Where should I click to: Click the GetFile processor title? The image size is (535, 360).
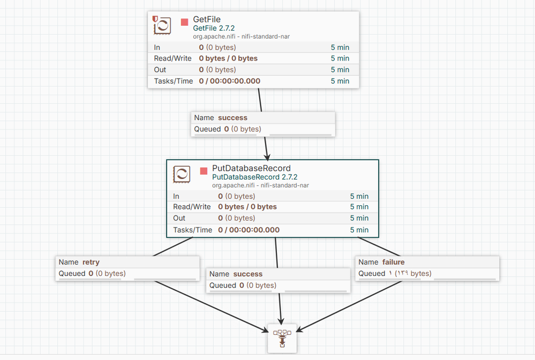[207, 19]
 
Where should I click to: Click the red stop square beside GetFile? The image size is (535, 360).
[185, 22]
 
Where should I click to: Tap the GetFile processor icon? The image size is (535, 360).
[162, 25]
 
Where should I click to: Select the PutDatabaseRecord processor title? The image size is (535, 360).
[252, 168]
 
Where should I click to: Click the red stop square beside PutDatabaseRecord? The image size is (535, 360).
[204, 171]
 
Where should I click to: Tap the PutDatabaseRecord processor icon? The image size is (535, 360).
[182, 174]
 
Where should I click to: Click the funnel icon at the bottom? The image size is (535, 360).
[282, 339]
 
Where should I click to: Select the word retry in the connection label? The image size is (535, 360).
[91, 262]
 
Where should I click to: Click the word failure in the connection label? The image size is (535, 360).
[394, 262]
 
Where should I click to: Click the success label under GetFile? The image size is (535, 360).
[233, 118]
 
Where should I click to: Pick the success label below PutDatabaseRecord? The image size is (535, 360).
[248, 274]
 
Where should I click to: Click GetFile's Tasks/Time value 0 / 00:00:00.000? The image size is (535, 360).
[230, 81]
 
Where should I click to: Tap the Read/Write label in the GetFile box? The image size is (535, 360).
[172, 58]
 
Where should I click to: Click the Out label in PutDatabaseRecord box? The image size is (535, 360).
[179, 218]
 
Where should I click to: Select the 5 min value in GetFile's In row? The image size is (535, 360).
[340, 48]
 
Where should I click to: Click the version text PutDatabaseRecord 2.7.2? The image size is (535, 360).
[255, 177]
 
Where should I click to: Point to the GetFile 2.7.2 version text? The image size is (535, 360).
[214, 28]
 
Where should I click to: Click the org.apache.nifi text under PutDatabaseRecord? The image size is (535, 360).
[233, 185]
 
